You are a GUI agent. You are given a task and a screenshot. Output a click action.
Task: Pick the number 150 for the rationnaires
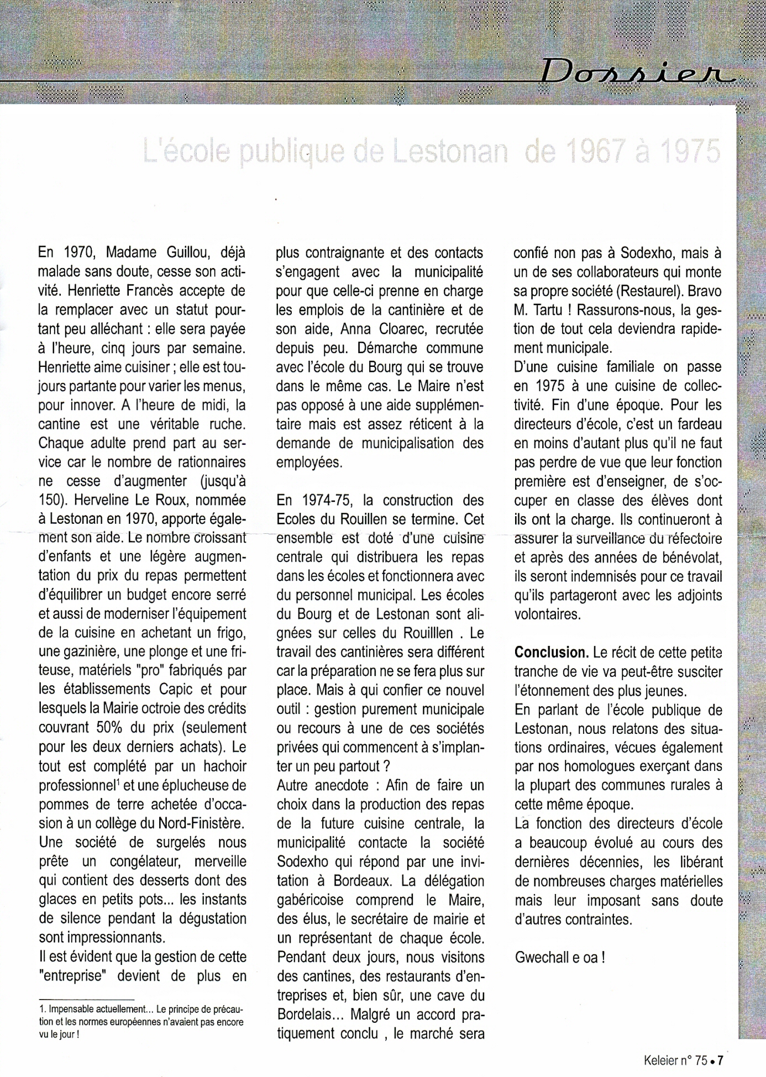tap(50, 500)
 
